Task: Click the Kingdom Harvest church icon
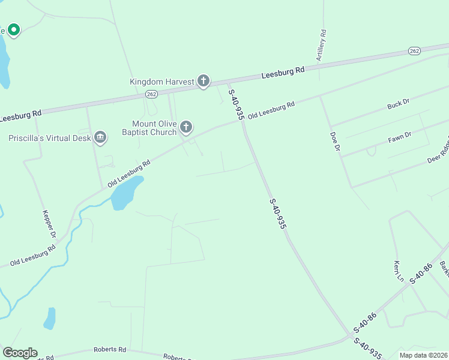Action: pos(203,81)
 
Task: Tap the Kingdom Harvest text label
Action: pos(162,82)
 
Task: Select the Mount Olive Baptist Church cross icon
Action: pos(186,127)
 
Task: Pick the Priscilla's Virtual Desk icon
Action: pos(100,138)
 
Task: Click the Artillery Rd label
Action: pos(322,46)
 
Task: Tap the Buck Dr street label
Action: pos(398,104)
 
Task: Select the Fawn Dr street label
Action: pos(399,137)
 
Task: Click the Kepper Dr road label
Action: pos(49,224)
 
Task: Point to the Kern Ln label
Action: pos(398,271)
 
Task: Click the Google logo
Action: pos(20,353)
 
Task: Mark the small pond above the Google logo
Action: pos(49,318)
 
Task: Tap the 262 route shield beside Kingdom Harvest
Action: pos(151,94)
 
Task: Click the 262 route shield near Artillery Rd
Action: pos(414,51)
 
